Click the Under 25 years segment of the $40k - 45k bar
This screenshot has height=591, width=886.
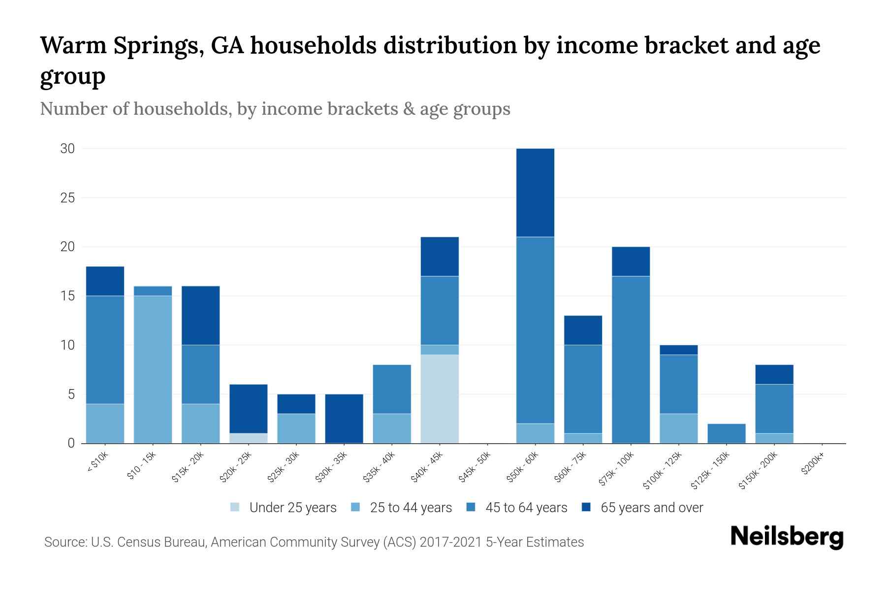(440, 399)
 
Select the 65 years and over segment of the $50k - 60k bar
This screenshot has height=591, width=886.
(535, 193)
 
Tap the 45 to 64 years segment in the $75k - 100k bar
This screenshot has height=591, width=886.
(631, 360)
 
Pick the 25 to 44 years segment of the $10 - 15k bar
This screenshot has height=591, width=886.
(153, 369)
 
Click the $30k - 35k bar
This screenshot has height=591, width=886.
(344, 419)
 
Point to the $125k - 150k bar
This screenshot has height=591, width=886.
(726, 433)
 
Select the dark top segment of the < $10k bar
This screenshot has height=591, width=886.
(105, 281)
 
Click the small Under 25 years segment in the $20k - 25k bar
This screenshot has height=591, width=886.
(248, 438)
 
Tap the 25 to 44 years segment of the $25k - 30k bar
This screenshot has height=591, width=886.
(296, 428)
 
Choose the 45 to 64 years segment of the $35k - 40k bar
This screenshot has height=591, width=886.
(392, 389)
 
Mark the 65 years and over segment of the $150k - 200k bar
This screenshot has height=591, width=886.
(774, 374)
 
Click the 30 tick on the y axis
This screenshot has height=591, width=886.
(67, 149)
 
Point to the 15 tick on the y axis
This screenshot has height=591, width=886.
(67, 296)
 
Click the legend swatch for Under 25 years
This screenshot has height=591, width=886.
(235, 507)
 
